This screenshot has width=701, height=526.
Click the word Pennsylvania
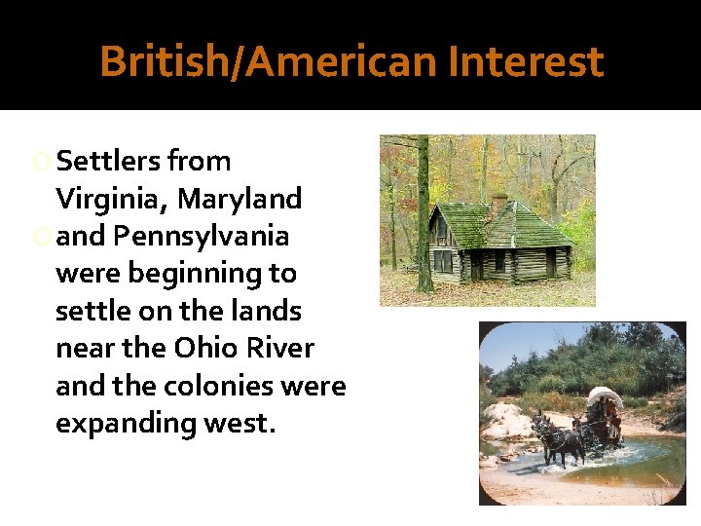[201, 237]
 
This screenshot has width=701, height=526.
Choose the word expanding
[124, 423]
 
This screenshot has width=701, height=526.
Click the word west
[238, 423]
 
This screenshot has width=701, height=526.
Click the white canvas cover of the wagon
[606, 397]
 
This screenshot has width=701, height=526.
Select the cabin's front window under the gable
[443, 260]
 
